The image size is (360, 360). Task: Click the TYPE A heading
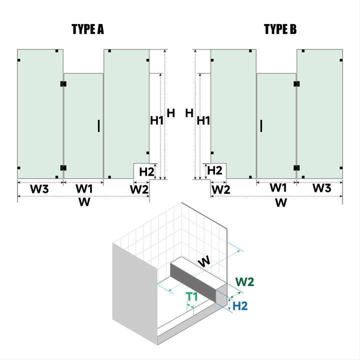87,29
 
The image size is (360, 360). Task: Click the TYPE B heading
280,29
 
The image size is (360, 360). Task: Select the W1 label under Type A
84,189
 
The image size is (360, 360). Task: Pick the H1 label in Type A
157,120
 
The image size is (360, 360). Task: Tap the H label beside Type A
171,113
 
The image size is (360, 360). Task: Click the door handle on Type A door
98,125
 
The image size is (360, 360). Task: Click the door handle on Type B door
262,125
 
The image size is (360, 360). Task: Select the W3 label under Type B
321,188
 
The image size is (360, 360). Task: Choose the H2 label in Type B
214,170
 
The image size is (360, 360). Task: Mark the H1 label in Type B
203,120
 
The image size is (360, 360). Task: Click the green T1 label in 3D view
192,296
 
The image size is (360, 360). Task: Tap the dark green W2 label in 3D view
244,282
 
